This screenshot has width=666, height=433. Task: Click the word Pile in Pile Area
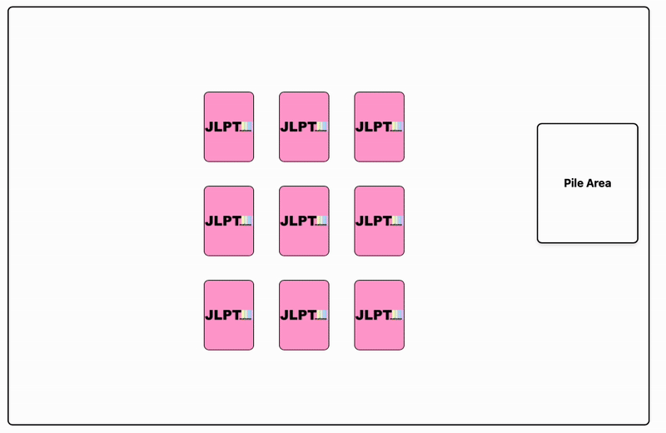pyautogui.click(x=574, y=183)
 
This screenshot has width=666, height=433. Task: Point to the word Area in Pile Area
pyautogui.click(x=599, y=183)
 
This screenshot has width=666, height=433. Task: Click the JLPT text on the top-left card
pyautogui.click(x=222, y=127)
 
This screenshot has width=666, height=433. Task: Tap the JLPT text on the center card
pyautogui.click(x=297, y=221)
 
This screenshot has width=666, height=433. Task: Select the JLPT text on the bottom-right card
pyautogui.click(x=372, y=315)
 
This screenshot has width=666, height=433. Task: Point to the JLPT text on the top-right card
pyautogui.click(x=372, y=127)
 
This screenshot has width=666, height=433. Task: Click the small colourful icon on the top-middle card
pyautogui.click(x=322, y=127)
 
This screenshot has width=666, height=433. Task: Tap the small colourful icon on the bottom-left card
pyautogui.click(x=247, y=315)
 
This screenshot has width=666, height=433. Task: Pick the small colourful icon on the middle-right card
pyautogui.click(x=397, y=221)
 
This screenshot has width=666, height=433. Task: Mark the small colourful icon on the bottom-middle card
pyautogui.click(x=322, y=315)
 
